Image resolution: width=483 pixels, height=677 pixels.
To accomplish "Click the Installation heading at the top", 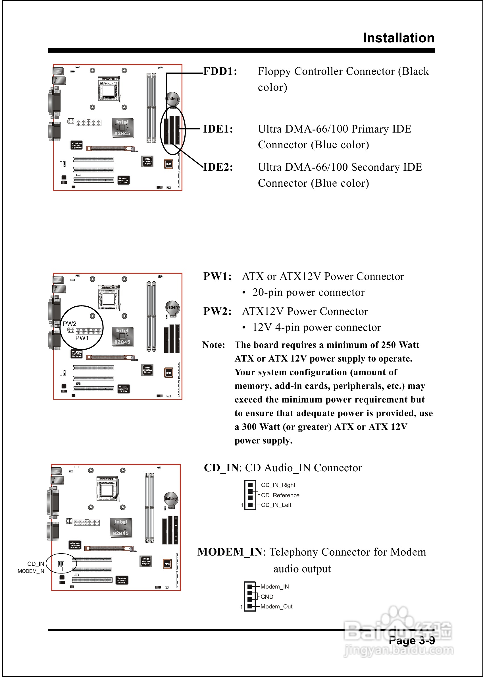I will (399, 38).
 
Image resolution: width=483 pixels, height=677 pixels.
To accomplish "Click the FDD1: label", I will (220, 71).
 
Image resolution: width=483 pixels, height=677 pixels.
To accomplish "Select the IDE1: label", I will (218, 129).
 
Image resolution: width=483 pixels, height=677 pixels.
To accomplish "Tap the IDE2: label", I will (218, 167).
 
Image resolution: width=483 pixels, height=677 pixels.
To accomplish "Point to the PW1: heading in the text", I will (217, 276).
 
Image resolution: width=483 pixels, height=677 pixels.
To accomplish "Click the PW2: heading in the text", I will (217, 311).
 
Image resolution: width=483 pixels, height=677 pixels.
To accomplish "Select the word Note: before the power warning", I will (214, 345).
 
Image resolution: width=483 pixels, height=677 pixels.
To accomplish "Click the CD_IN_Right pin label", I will (278, 485).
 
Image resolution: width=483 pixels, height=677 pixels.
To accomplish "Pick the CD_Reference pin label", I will (280, 495).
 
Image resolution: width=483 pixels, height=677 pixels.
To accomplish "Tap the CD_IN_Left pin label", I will (276, 505).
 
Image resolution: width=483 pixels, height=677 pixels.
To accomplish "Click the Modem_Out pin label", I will (276, 606).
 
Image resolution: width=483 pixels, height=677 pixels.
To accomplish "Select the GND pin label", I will (267, 596).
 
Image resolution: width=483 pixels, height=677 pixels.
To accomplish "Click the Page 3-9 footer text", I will (412, 640).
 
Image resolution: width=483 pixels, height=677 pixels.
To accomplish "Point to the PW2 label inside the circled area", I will (70, 324).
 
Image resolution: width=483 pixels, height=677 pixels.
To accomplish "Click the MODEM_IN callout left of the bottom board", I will (31, 571).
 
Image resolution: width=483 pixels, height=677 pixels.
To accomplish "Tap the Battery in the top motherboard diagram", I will (172, 99).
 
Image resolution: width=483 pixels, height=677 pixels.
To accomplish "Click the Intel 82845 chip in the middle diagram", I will (122, 337).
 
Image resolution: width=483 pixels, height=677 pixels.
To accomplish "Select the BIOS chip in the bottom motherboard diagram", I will (167, 564).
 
